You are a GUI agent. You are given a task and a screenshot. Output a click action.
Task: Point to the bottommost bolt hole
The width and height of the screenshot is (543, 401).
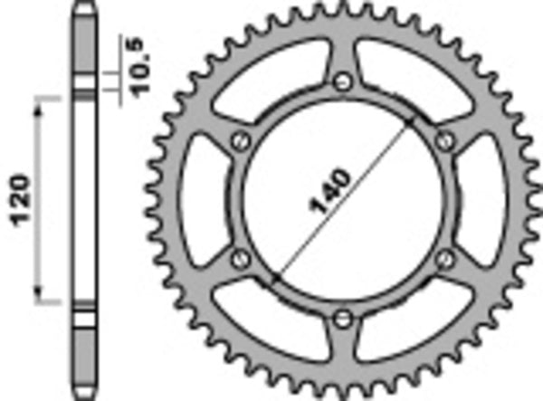pos(341,318)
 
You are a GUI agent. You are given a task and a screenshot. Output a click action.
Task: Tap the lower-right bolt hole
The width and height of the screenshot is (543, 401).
pos(443,259)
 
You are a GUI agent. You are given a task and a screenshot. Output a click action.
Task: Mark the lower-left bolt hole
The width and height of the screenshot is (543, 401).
pos(240,260)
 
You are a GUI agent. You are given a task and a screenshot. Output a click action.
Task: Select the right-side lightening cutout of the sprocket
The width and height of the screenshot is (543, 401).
pos(482,200)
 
